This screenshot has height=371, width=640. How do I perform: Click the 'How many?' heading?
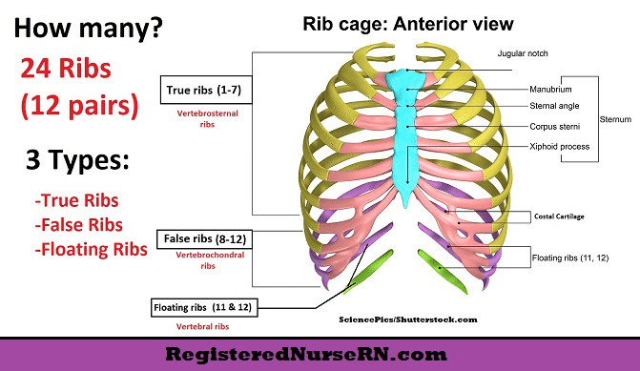point(88,29)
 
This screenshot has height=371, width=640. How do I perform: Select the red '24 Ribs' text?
point(66,68)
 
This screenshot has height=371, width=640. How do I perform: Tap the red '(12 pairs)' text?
point(79,105)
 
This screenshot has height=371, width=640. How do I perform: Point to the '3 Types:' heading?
point(77,159)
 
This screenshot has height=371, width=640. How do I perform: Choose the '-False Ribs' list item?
point(79,225)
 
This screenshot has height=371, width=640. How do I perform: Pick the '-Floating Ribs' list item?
point(91,249)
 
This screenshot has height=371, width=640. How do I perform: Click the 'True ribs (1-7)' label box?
point(206,90)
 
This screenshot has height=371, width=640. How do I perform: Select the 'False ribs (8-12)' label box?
point(204,239)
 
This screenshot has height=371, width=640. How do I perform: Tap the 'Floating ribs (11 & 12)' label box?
point(204,307)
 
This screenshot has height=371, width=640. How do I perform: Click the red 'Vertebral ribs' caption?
point(202,326)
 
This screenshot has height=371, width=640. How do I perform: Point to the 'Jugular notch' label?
point(523,53)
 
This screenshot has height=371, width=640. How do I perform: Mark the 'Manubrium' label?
point(550,90)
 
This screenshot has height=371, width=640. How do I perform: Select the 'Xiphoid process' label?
point(560,147)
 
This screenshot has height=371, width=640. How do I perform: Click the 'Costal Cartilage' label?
point(559,216)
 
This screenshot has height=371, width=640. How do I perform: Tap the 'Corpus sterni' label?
point(555,127)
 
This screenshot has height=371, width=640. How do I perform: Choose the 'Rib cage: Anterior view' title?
point(408,24)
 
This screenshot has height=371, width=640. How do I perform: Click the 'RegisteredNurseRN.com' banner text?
point(306,354)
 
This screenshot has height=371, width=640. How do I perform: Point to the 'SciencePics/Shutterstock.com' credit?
point(408,319)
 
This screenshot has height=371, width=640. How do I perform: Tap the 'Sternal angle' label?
point(554,106)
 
